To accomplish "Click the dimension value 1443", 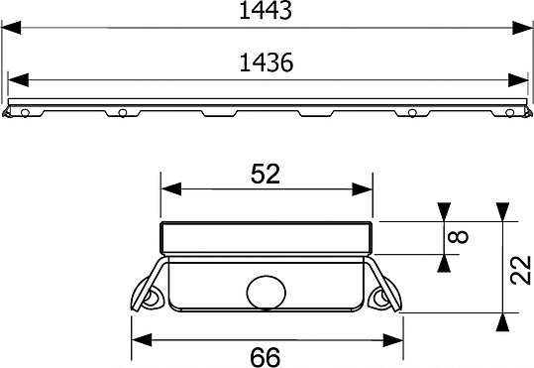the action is point(266,10).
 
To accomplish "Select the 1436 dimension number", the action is point(267,62).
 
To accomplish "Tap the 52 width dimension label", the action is point(266,174).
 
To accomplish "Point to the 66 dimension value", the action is point(266,357).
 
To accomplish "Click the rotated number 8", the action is point(458,237).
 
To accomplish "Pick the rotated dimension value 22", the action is point(521,270).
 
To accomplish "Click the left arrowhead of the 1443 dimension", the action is point(11,28).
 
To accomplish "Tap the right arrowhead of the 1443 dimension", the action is point(522,28).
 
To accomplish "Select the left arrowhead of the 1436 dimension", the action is point(18,79).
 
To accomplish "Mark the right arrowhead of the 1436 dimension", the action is point(518,79).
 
